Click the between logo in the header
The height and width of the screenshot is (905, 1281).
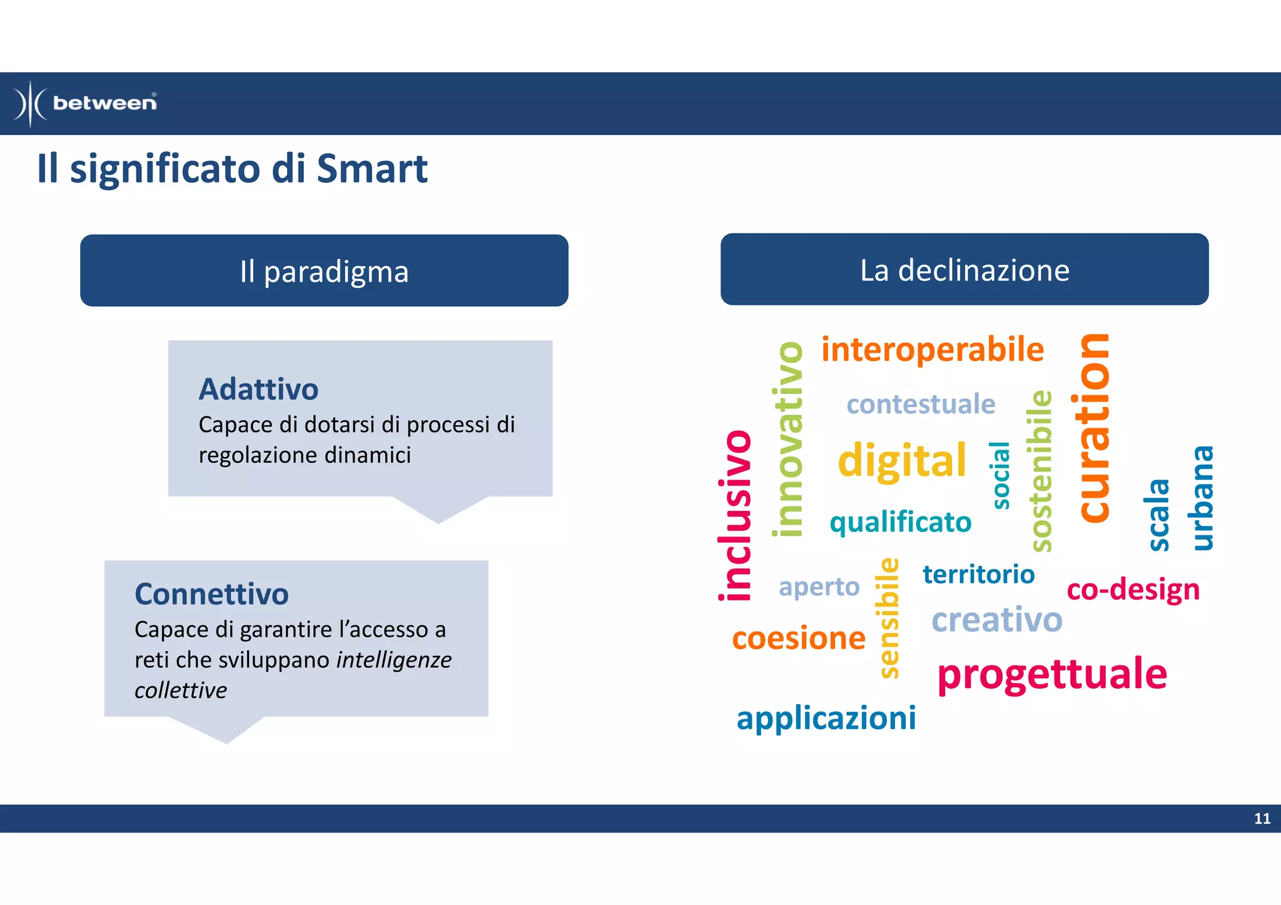pyautogui.click(x=86, y=103)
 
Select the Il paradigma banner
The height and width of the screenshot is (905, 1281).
pyautogui.click(x=324, y=271)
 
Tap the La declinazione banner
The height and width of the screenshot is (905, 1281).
pyautogui.click(x=964, y=270)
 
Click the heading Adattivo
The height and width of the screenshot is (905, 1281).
pyautogui.click(x=258, y=389)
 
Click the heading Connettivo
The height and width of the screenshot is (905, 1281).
pyautogui.click(x=211, y=594)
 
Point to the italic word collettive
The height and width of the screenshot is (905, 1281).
pyautogui.click(x=180, y=690)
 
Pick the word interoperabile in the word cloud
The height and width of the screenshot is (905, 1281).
pyautogui.click(x=932, y=350)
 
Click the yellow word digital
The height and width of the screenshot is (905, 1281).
pyautogui.click(x=901, y=460)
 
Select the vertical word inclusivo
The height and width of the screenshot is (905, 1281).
pyautogui.click(x=735, y=515)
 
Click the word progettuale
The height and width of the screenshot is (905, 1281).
pyautogui.click(x=1051, y=674)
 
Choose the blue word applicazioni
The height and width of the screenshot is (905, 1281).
pyautogui.click(x=826, y=718)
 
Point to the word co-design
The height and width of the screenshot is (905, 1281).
pyautogui.click(x=1133, y=590)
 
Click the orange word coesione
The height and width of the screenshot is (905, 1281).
pyautogui.click(x=798, y=639)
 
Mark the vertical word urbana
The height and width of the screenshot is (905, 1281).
pyautogui.click(x=1202, y=498)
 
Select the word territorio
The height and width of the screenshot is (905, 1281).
pyautogui.click(x=978, y=574)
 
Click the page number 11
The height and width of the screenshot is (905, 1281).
pyautogui.click(x=1262, y=819)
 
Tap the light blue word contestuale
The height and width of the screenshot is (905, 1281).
pyautogui.click(x=920, y=404)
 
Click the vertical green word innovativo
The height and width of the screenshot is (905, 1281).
pyautogui.click(x=788, y=439)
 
